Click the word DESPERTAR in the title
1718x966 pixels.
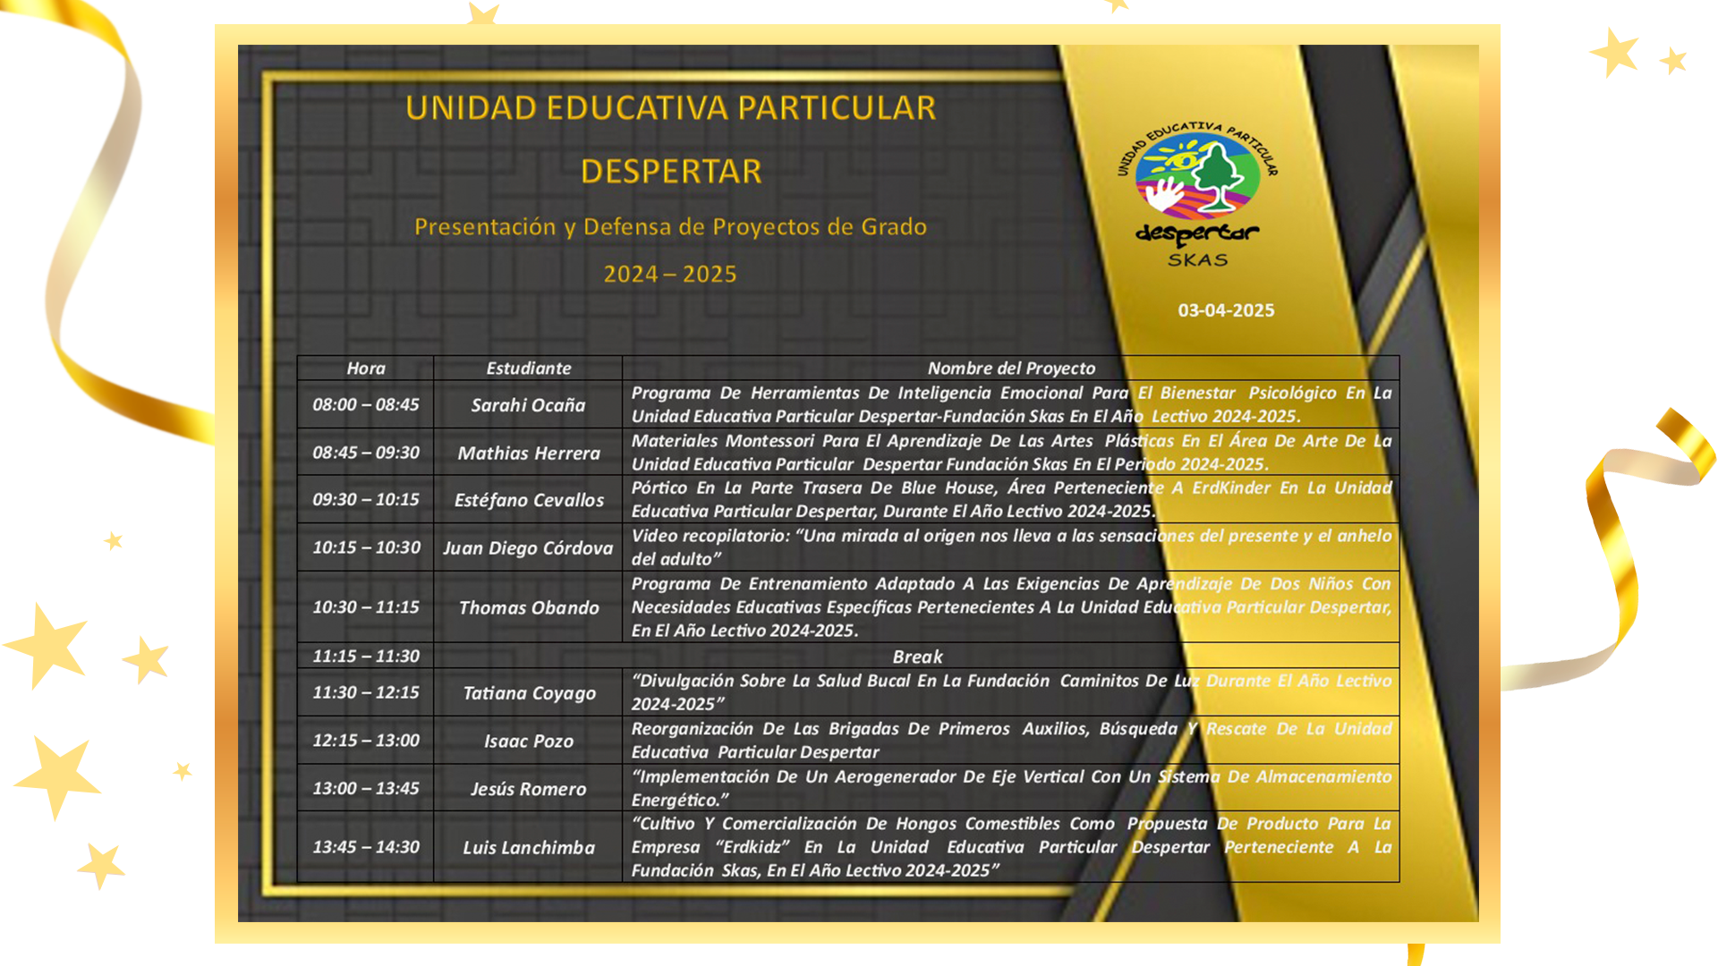[x=671, y=171]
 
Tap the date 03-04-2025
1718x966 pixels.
[x=1226, y=310]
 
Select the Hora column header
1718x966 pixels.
[x=366, y=368]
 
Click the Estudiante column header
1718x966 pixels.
[x=528, y=368]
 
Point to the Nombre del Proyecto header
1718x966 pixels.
[x=1011, y=368]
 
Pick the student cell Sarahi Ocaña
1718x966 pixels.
[x=528, y=405]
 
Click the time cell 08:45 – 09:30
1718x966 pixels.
[x=366, y=453]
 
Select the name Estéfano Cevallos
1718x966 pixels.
[x=529, y=500]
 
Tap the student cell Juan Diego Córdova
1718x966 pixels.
[x=528, y=547]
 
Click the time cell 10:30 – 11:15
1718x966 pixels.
[x=366, y=607]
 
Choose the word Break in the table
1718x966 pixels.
[x=917, y=657]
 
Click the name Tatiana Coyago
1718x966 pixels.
[x=529, y=693]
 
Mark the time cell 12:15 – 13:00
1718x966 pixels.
[x=366, y=741]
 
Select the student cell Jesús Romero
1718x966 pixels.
[x=528, y=789]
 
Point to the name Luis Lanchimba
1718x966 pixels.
[x=528, y=847]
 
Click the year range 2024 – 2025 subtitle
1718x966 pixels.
[x=670, y=274]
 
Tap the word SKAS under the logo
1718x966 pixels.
[x=1198, y=260]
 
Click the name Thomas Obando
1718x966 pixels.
[x=528, y=607]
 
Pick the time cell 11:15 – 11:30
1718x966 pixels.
[x=366, y=656]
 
